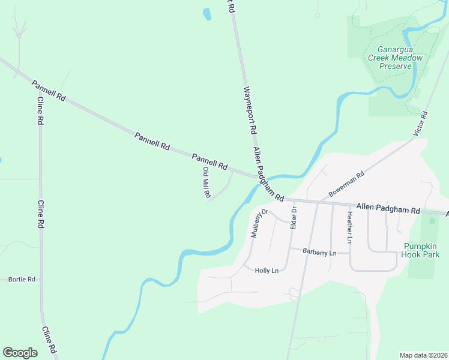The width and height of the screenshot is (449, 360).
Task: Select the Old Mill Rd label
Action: click(206, 182)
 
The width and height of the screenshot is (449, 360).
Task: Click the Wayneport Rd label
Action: click(250, 111)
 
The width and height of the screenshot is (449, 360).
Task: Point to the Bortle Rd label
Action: click(22, 280)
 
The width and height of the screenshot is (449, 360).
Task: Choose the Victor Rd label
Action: click(421, 122)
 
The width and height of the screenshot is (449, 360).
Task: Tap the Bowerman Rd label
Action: click(346, 186)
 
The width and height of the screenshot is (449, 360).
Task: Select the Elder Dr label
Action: click(294, 217)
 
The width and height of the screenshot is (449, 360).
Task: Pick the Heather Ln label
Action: click(349, 227)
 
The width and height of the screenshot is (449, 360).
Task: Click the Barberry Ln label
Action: click(319, 253)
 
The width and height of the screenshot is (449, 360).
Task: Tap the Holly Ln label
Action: click(267, 271)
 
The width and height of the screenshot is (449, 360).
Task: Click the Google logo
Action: click(20, 353)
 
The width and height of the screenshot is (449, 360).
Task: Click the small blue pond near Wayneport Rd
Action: click(207, 14)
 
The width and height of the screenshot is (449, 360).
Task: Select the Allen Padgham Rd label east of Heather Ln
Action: click(388, 208)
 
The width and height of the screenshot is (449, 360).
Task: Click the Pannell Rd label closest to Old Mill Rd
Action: click(209, 161)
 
